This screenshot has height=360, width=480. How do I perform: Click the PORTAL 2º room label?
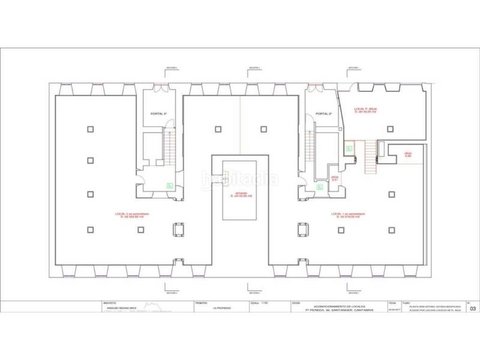click(323, 113)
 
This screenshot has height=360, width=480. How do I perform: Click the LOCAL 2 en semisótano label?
click(133, 216)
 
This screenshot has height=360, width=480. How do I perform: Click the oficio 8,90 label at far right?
click(408, 154)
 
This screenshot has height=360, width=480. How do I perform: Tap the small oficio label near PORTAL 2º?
click(334, 178)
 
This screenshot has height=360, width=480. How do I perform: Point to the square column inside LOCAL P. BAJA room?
click(391, 128)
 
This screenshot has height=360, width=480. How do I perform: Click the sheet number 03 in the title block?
click(473, 309)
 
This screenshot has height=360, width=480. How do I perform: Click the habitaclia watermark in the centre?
click(239, 179)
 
